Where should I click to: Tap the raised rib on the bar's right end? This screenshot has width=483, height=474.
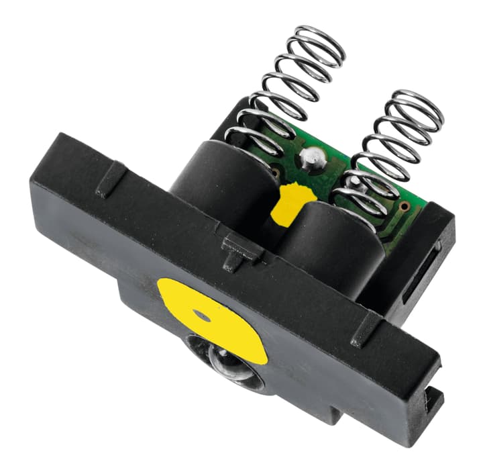pyautogui.click(x=366, y=328)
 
